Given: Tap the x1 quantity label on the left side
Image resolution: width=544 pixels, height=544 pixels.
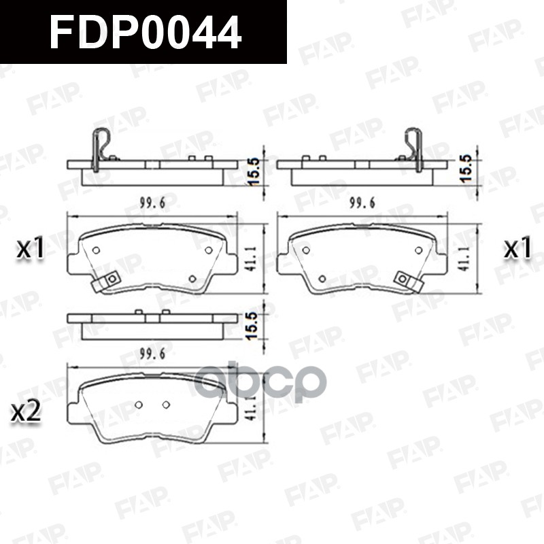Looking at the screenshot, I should (x=31, y=249).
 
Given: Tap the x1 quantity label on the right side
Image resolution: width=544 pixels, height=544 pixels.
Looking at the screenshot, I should (x=517, y=249).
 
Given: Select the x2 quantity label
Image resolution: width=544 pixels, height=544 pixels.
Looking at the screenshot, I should (x=27, y=411).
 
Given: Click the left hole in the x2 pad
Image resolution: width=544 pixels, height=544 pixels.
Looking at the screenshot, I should (x=138, y=405).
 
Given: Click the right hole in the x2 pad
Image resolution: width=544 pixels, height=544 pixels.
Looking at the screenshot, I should (x=165, y=405).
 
